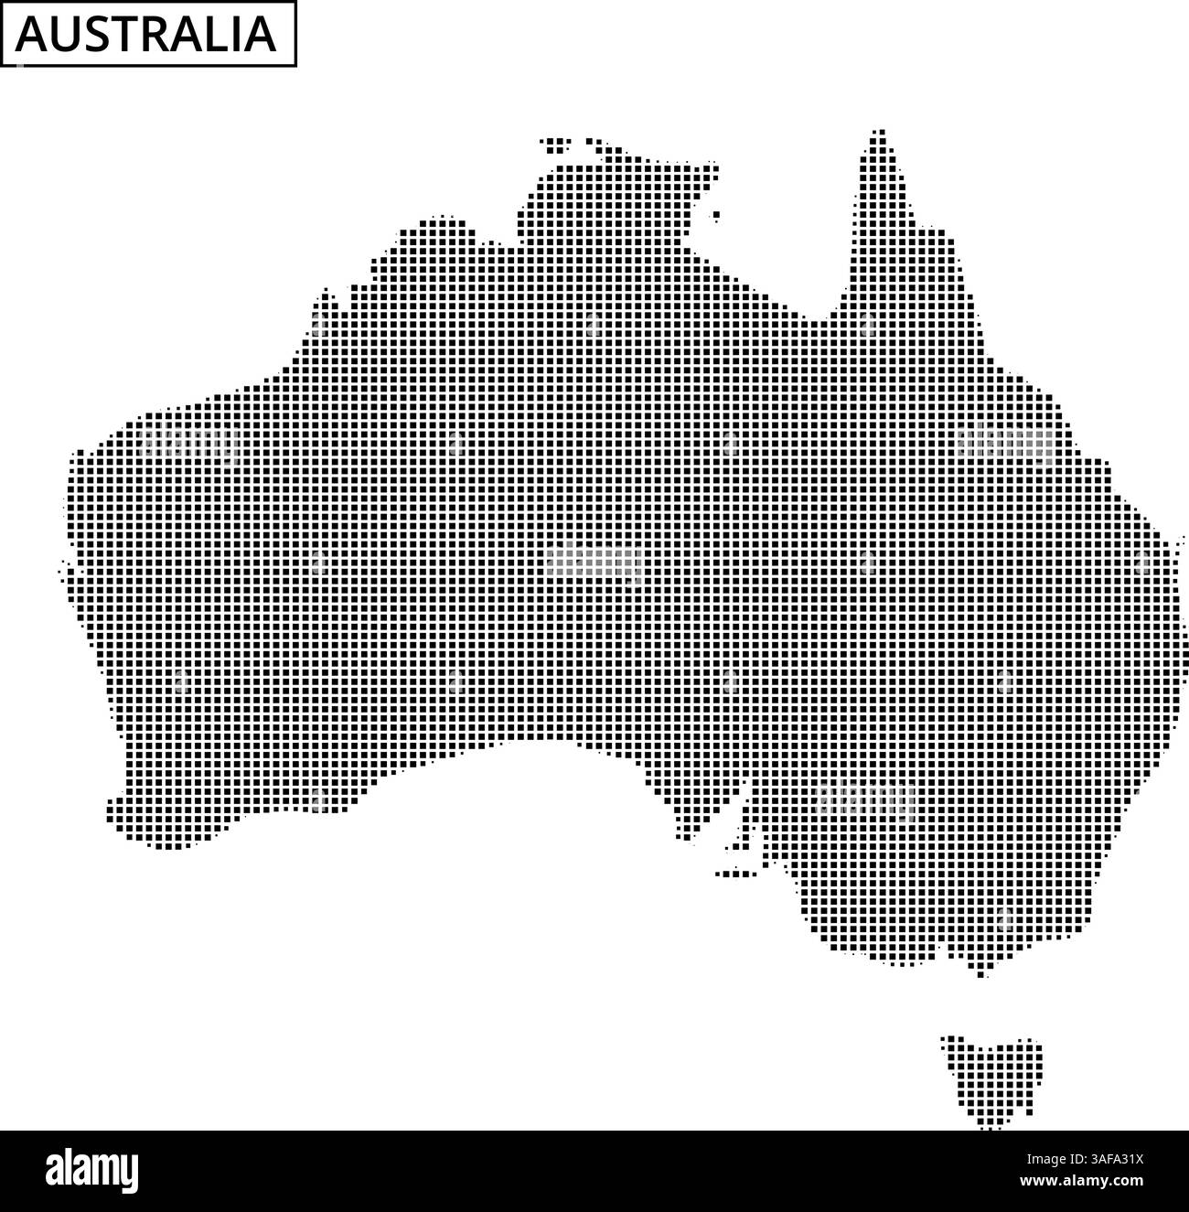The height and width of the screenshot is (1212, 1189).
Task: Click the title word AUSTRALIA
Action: click(x=147, y=34)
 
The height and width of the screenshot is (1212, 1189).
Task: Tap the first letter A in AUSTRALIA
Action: click(x=34, y=35)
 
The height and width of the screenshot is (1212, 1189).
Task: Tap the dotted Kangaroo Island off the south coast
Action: click(x=736, y=873)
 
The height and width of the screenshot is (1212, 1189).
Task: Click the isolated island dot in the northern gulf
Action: click(x=716, y=215)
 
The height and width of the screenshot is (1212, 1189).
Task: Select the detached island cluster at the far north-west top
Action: click(x=556, y=143)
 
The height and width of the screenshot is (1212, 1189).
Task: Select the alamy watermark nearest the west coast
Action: click(x=187, y=444)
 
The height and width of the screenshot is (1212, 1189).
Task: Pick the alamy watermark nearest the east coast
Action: click(x=1004, y=444)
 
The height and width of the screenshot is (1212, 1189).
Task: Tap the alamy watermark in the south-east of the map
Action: click(x=864, y=800)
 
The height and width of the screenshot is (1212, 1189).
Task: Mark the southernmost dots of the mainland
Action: click(x=982, y=972)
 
